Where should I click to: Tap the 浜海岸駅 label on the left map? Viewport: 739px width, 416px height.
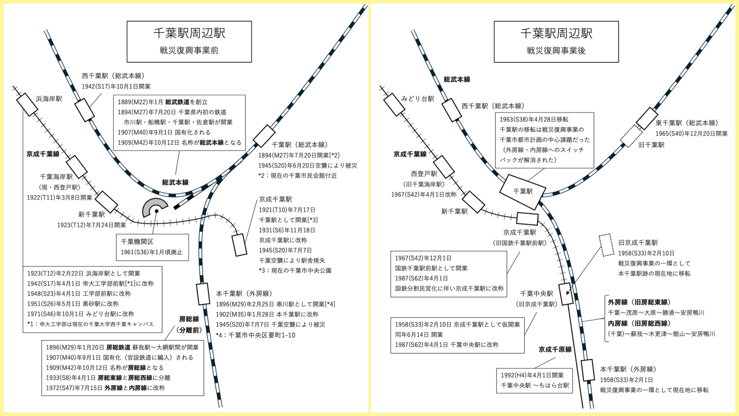pyautogui.click(x=49, y=99)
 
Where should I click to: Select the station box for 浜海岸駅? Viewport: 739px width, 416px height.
pyautogui.click(x=27, y=104)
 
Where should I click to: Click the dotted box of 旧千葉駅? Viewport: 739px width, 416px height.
pyautogui.click(x=631, y=136)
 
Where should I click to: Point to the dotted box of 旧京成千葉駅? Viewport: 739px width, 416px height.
pyautogui.click(x=607, y=245)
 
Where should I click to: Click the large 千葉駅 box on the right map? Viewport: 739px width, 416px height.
pyautogui.click(x=523, y=191)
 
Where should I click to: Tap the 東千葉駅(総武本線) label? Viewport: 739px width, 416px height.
pyautogui.click(x=687, y=123)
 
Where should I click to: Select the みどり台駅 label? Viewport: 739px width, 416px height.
pyautogui.click(x=418, y=99)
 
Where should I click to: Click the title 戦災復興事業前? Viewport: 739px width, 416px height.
pyautogui.click(x=189, y=50)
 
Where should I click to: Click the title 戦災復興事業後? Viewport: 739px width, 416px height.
pyautogui.click(x=556, y=50)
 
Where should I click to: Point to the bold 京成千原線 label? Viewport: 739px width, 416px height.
pyautogui.click(x=555, y=349)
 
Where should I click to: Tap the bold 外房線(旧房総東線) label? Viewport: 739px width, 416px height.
pyautogui.click(x=639, y=302)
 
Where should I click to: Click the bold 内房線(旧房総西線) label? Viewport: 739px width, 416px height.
pyautogui.click(x=639, y=324)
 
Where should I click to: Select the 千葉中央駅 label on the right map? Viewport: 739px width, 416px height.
pyautogui.click(x=537, y=294)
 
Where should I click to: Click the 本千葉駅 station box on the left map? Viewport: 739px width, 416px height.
pyautogui.click(x=203, y=294)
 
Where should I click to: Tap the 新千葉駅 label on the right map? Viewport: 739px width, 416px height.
pyautogui.click(x=454, y=211)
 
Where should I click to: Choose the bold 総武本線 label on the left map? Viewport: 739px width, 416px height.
pyautogui.click(x=175, y=183)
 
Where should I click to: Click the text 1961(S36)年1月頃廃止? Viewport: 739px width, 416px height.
pyautogui.click(x=152, y=252)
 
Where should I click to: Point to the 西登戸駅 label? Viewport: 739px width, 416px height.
pyautogui.click(x=424, y=174)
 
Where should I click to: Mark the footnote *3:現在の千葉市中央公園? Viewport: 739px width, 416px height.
pyautogui.click(x=295, y=270)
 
